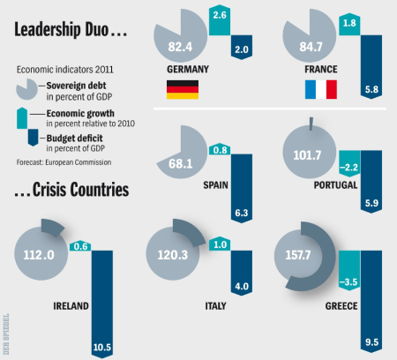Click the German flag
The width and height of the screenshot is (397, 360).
coord(182,88)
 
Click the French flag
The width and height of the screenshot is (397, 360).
coord(320,88)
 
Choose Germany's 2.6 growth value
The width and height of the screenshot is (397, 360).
coord(221,16)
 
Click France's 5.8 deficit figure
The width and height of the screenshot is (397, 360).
coord(371,90)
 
